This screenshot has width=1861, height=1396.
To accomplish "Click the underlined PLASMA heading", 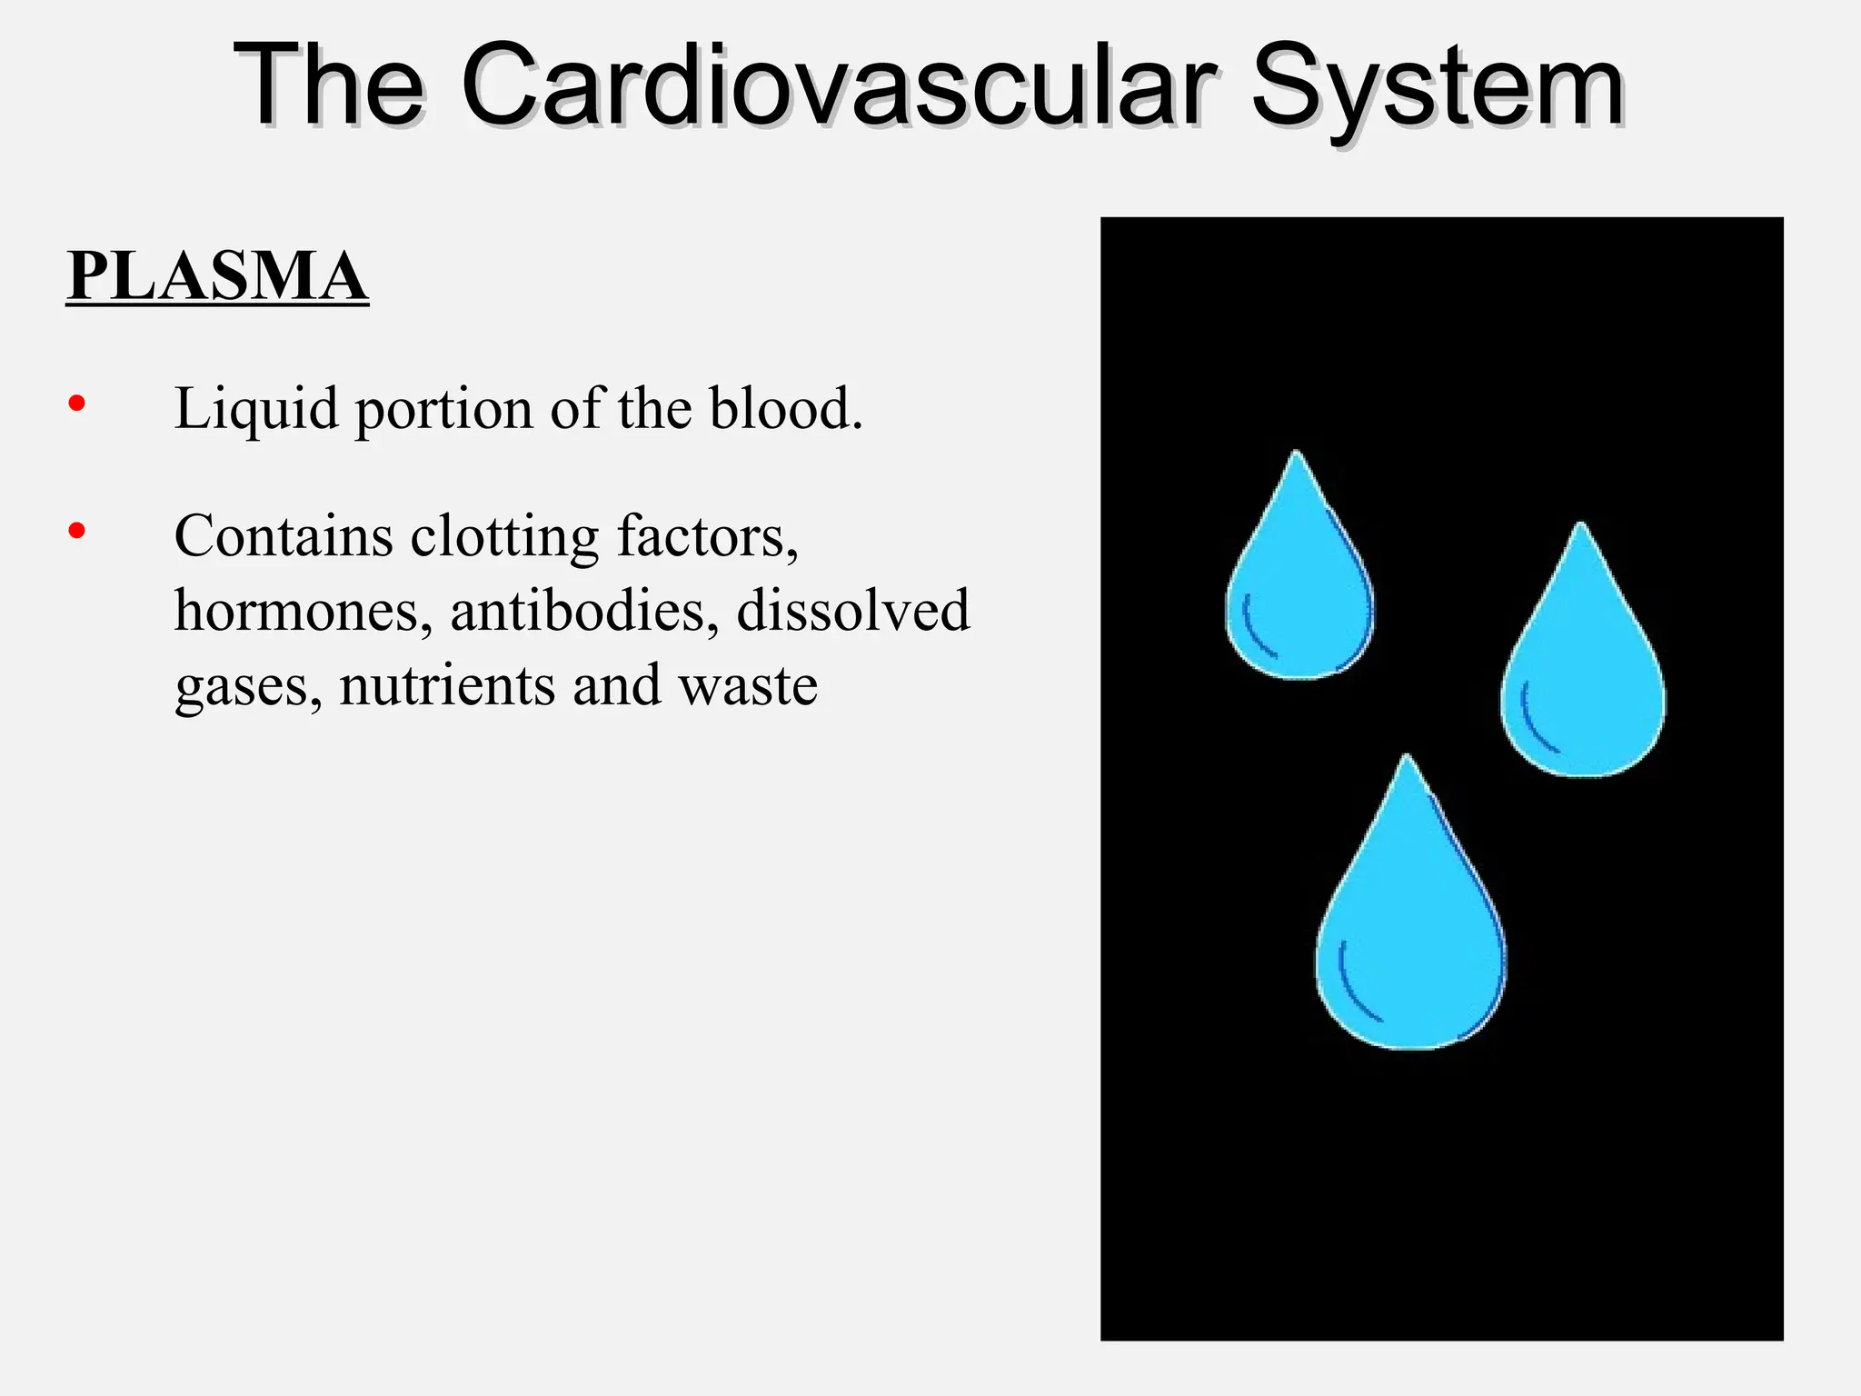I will pyautogui.click(x=217, y=276).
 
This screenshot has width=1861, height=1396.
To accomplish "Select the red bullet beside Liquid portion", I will pyautogui.click(x=77, y=403).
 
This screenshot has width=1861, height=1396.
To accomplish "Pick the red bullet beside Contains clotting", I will pyautogui.click(x=77, y=531).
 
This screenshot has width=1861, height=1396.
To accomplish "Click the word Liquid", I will pyautogui.click(x=256, y=411).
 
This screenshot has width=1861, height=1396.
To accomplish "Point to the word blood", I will pyautogui.click(x=785, y=409).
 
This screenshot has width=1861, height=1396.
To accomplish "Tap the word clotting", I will pyautogui.click(x=504, y=536).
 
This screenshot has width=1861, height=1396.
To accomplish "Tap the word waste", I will pyautogui.click(x=748, y=686).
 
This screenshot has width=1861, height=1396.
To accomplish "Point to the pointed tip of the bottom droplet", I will pyautogui.click(x=1408, y=759).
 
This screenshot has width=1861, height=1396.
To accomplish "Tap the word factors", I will pyautogui.click(x=707, y=536).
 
